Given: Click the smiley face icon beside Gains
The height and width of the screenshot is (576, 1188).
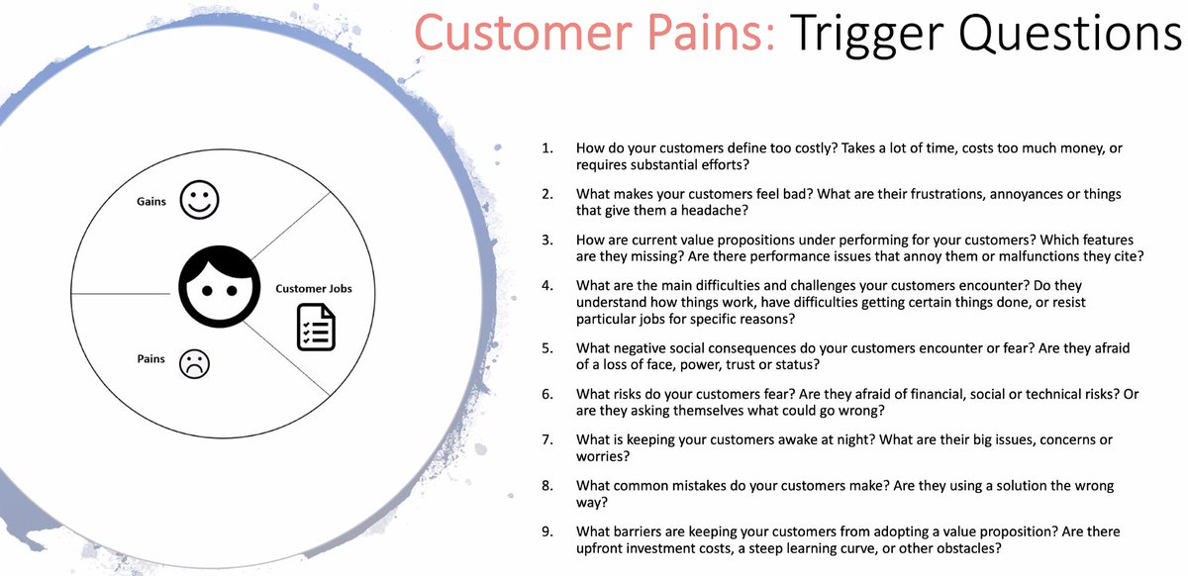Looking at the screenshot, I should (x=199, y=201).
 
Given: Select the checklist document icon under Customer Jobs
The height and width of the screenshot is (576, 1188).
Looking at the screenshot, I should (x=317, y=327).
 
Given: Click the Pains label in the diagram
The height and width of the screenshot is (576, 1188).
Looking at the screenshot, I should (x=150, y=358).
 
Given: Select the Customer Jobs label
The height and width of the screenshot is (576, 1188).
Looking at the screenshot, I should (x=313, y=289).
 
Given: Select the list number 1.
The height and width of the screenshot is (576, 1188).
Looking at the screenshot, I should (x=546, y=147).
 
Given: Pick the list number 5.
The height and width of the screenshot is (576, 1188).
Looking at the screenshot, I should (x=546, y=348).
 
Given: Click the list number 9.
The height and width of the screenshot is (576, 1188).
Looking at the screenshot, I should (x=546, y=531).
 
